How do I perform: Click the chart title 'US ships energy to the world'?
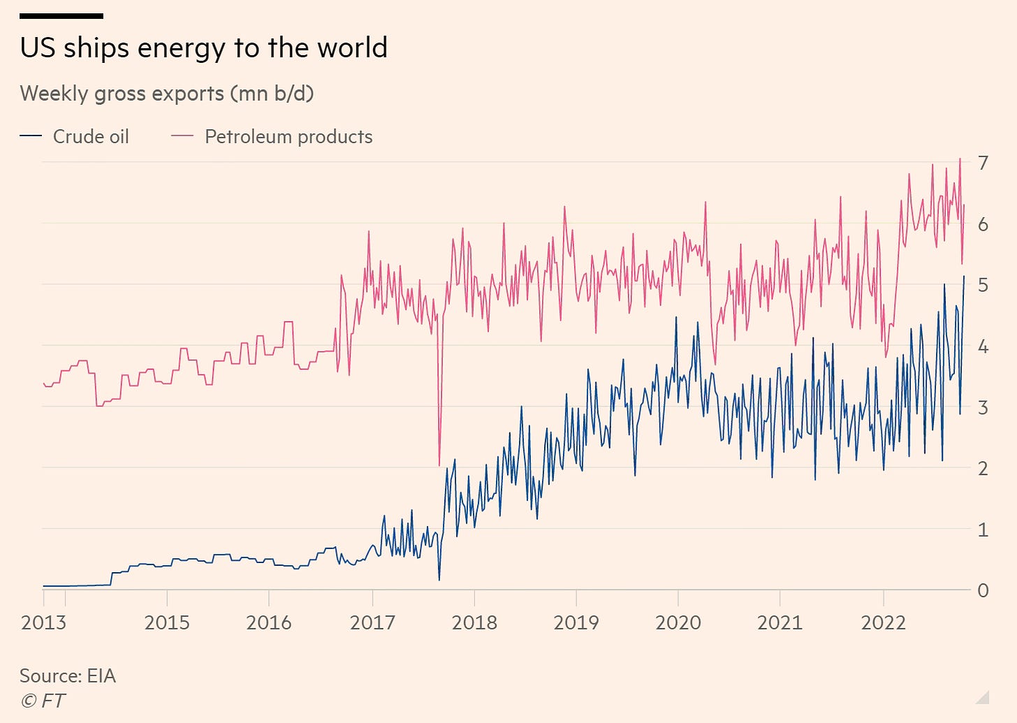click(x=203, y=48)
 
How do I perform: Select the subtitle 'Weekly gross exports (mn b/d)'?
click(x=166, y=93)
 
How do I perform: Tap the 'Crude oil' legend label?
click(x=91, y=136)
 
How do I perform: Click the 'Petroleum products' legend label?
click(x=288, y=136)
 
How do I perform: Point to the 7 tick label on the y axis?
click(x=983, y=163)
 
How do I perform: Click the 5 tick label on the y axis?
click(x=983, y=285)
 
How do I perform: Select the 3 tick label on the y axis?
click(x=983, y=407)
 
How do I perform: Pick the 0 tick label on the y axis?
click(x=983, y=591)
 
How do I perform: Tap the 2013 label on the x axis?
click(x=43, y=622)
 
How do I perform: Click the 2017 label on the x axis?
click(x=372, y=622)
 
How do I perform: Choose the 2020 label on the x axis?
click(x=678, y=622)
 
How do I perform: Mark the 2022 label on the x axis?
click(x=883, y=622)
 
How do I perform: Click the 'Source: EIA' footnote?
click(x=68, y=675)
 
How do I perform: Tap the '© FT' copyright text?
click(x=43, y=700)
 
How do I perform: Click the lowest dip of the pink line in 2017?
click(x=439, y=465)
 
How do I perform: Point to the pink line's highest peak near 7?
click(x=960, y=159)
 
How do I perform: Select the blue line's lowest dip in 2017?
click(x=439, y=580)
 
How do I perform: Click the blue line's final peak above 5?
click(x=964, y=276)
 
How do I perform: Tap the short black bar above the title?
click(x=61, y=15)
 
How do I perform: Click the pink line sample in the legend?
click(x=182, y=136)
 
